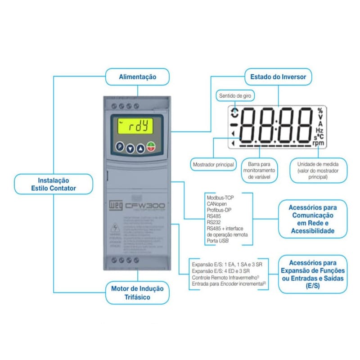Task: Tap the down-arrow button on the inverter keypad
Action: click(x=130, y=147)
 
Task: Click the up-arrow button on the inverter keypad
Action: click(x=140, y=147)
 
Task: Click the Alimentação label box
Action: click(x=137, y=77)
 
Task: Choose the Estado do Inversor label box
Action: click(x=278, y=77)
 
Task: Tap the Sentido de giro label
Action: click(x=236, y=95)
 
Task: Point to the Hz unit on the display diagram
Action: click(x=319, y=130)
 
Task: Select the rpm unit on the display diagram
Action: click(x=318, y=143)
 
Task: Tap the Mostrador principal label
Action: click(x=213, y=165)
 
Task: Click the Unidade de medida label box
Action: click(x=318, y=170)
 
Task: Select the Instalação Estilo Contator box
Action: click(x=54, y=184)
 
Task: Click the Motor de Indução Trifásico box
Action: click(x=137, y=292)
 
